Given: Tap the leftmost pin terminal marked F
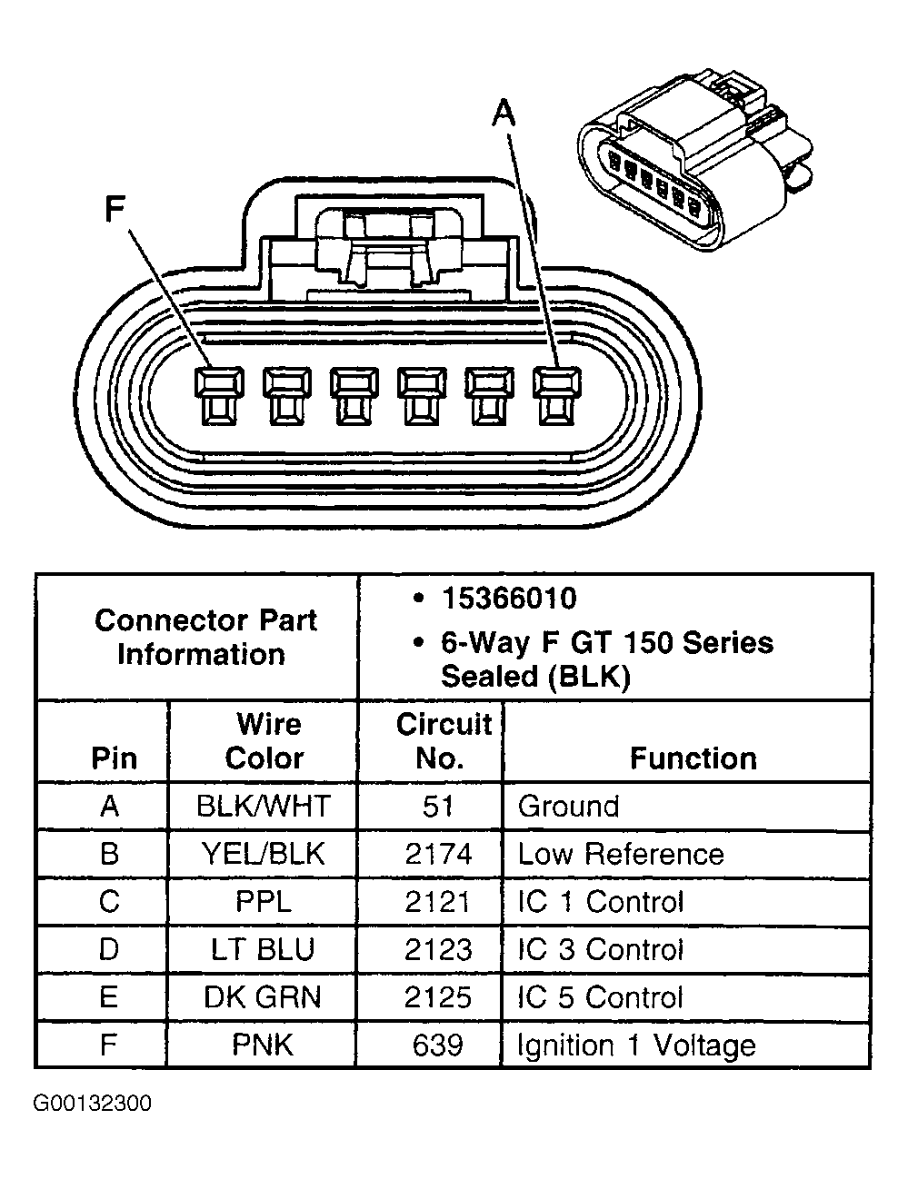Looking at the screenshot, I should point(219,395).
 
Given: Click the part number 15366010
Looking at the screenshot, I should point(508,599).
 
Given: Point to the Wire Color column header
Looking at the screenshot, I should point(264,741).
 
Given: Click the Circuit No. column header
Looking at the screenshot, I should point(442,741).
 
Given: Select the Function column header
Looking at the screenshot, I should point(693,758).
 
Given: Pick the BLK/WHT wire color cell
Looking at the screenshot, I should point(264,807).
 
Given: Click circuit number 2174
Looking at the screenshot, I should point(438,854).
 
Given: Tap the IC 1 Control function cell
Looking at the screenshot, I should point(600,902).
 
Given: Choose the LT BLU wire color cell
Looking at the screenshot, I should point(264,950).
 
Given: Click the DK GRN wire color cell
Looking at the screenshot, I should point(264,997).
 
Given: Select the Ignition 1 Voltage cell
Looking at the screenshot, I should point(636,1045).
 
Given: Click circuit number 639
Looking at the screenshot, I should point(438,1045).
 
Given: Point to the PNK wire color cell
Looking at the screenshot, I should point(264,1045).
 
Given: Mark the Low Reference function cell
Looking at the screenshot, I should point(621,854).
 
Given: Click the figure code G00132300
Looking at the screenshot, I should point(93,1104).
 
